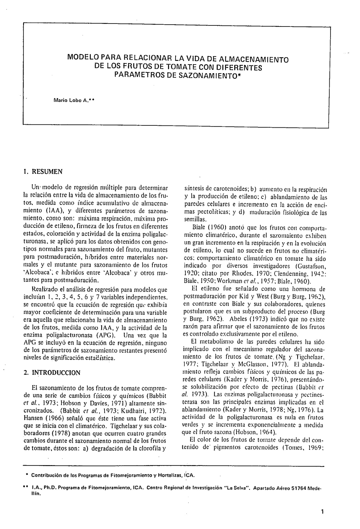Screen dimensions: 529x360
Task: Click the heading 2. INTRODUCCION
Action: click(52, 372)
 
